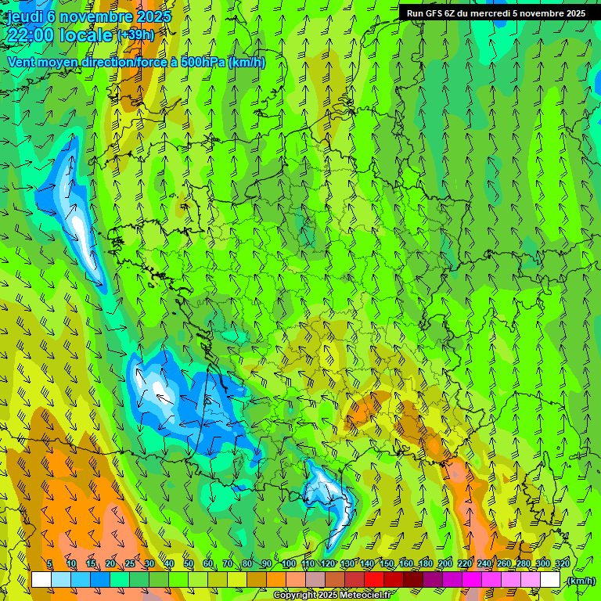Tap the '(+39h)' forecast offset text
click(x=135, y=34)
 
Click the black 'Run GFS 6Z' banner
click(x=495, y=13)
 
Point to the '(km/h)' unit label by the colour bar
click(x=580, y=581)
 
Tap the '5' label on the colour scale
click(x=50, y=564)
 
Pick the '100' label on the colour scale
click(x=288, y=564)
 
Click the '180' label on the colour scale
click(x=425, y=564)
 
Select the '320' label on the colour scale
click(x=562, y=564)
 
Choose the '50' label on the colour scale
click(x=189, y=564)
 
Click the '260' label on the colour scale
click(x=503, y=564)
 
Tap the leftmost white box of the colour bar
click(x=41, y=580)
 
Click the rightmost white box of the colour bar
click(x=550, y=580)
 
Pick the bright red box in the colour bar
click(x=374, y=580)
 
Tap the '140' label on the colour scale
click(x=366, y=564)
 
